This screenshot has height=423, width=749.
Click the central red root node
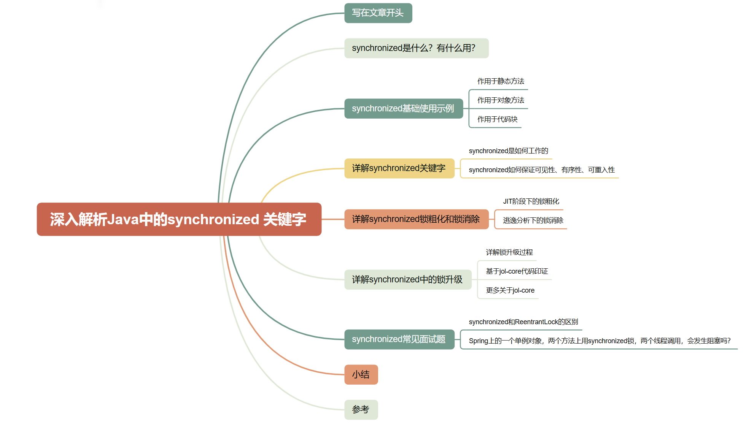pos(179,219)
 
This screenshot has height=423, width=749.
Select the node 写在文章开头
pos(378,13)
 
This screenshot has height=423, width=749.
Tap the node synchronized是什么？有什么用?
pos(416,48)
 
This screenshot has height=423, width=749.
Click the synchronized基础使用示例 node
pos(403,109)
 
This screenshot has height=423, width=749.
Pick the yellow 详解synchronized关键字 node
pos(399,168)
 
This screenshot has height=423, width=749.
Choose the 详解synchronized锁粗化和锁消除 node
pos(416,219)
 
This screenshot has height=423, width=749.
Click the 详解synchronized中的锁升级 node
pos(407,280)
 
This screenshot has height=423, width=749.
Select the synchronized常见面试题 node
pos(399,339)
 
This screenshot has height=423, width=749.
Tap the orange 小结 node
pos(361,375)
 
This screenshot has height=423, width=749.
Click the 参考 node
pos(361,410)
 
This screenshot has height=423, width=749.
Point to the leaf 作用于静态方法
pos(501,81)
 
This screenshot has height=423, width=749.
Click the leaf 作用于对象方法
pos(501,100)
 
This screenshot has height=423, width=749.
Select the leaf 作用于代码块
pos(497,119)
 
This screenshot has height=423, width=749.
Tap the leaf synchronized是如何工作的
pos(508,151)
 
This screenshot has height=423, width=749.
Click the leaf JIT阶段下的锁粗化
pos(531,201)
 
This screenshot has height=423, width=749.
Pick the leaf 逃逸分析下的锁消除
pos(533,220)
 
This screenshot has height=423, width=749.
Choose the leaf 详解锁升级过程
pos(509,252)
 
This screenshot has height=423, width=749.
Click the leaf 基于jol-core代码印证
pos(517,271)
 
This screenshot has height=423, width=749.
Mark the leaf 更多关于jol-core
pos(510,290)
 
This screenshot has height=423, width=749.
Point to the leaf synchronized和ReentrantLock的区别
pos(523,322)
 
